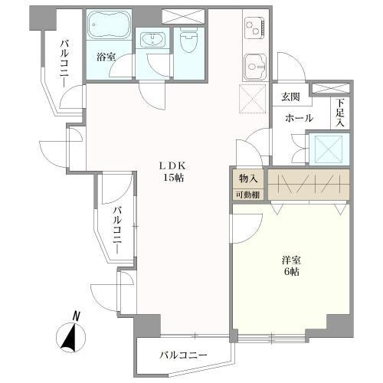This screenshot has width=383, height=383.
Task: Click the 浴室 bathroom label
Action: pyautogui.click(x=106, y=56)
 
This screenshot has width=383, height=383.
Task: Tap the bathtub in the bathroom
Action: pyautogui.click(x=108, y=27)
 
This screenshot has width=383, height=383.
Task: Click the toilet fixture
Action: pyautogui.click(x=188, y=42)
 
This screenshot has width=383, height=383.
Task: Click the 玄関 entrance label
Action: pyautogui.click(x=290, y=97)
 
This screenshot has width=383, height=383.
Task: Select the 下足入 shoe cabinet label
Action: pyautogui.click(x=340, y=113)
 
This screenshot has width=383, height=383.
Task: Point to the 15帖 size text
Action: pyautogui.click(x=172, y=178)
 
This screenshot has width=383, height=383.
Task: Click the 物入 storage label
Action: pyautogui.click(x=247, y=178)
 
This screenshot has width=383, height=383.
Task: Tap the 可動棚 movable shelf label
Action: pyautogui.click(x=247, y=195)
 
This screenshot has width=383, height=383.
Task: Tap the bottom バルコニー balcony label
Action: pyautogui.click(x=184, y=355)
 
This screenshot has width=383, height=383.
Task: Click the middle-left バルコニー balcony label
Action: pyautogui.click(x=116, y=226)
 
